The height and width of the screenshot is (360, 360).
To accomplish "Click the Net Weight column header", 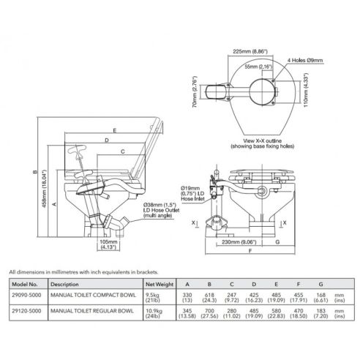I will click(158, 283).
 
